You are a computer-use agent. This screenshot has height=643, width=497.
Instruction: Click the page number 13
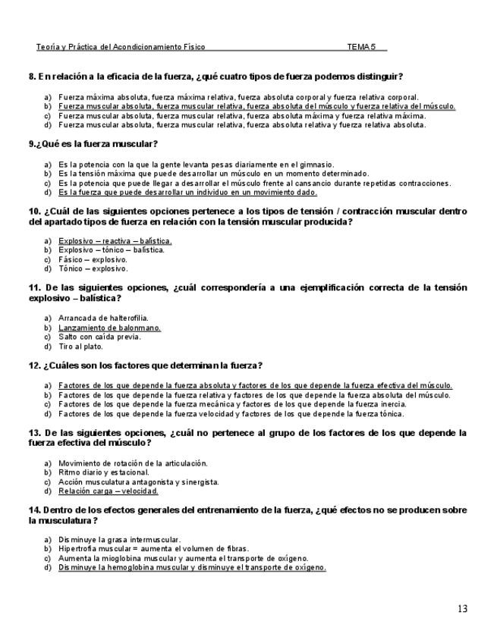(x=462, y=608)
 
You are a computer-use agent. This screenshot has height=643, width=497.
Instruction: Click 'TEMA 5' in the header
(x=361, y=47)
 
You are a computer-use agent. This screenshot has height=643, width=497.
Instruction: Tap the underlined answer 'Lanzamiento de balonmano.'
(x=109, y=328)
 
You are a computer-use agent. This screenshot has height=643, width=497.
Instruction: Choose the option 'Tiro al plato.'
(x=80, y=347)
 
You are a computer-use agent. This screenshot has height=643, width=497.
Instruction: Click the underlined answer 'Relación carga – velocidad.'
(x=109, y=491)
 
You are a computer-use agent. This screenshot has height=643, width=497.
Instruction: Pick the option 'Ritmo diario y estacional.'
(x=104, y=472)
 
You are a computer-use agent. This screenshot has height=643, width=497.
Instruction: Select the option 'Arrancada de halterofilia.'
(x=103, y=318)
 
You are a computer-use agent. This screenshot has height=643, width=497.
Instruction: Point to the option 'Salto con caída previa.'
(x=99, y=337)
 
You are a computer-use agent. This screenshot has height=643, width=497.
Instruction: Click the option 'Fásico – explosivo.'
(x=93, y=259)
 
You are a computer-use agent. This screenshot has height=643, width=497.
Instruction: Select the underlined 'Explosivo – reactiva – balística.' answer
(x=115, y=241)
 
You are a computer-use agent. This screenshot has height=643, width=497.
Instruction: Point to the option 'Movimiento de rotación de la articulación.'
(x=133, y=463)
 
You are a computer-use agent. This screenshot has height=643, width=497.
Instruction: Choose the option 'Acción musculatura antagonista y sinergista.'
(x=139, y=481)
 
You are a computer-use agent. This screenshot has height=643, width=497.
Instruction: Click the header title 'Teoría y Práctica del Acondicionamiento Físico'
(x=120, y=47)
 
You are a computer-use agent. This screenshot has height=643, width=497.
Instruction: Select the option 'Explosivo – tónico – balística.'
(x=112, y=250)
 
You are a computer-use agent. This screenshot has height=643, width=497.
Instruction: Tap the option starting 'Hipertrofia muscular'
(x=153, y=548)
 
